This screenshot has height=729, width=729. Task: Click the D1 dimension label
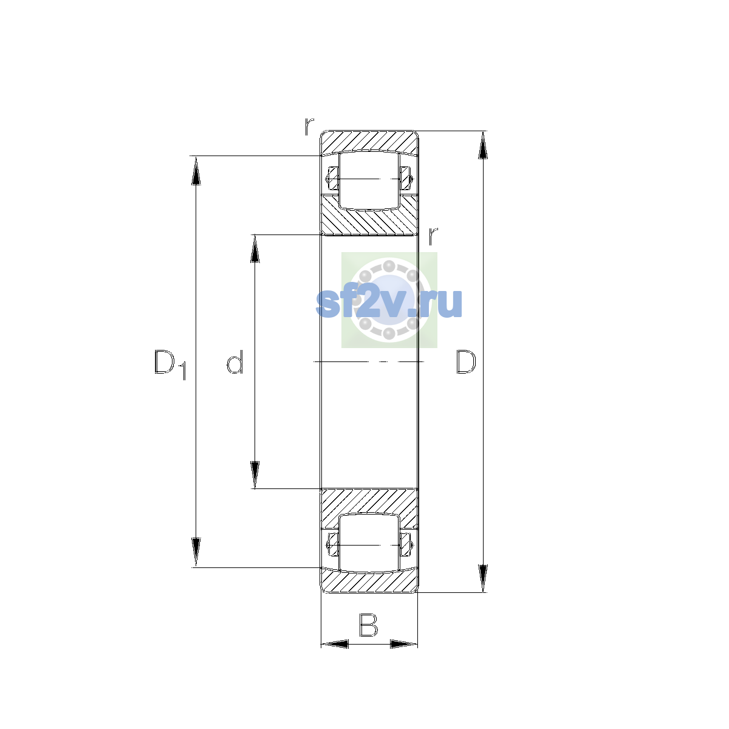170,364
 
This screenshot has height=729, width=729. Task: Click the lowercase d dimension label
234,361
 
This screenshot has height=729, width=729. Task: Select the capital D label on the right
466,362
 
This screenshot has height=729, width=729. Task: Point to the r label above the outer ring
309,126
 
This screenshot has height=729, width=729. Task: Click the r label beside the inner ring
433,236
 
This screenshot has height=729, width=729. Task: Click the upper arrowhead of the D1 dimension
196,171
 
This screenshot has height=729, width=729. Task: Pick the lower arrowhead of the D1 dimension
196,552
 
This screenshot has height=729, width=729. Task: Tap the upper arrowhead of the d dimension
255,248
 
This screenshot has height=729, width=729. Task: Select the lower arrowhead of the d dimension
255,475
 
